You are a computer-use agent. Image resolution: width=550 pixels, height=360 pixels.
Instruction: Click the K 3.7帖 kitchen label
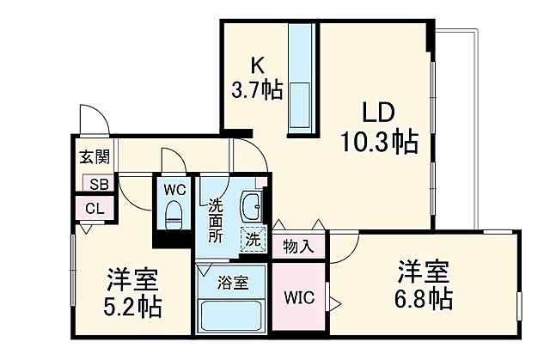[x=255, y=77]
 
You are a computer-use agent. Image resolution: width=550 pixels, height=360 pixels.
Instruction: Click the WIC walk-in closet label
[x=301, y=298]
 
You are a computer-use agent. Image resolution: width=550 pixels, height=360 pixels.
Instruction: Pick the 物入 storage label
[x=298, y=247]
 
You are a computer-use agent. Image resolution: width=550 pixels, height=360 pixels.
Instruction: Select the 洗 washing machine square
[x=254, y=240]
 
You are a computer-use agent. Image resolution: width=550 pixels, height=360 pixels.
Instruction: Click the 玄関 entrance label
[x=95, y=157]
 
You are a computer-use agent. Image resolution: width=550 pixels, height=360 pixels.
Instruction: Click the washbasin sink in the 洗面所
[x=253, y=206]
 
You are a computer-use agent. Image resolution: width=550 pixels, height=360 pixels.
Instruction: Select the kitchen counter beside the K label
[x=302, y=77]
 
